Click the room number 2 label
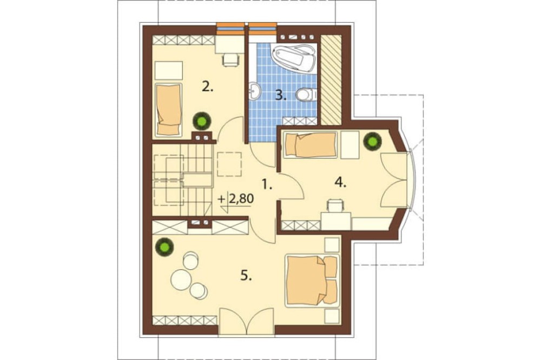point(208,87)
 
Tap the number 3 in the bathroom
point(281,95)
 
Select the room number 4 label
point(340,182)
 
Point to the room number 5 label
point(246,276)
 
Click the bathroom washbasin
point(255,91)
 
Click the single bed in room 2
point(168,109)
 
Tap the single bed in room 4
point(310,145)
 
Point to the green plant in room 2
point(201,121)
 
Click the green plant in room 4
point(372,142)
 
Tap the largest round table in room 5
point(180,278)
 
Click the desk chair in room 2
point(231,59)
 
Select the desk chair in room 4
point(335,205)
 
